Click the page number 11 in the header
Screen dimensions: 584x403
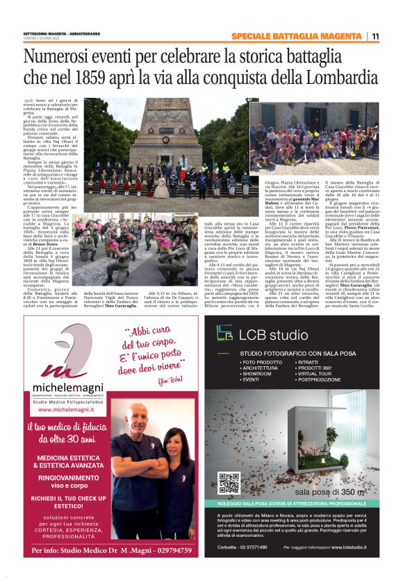click(x=375, y=37)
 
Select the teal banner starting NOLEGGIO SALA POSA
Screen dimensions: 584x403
click(x=302, y=503)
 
